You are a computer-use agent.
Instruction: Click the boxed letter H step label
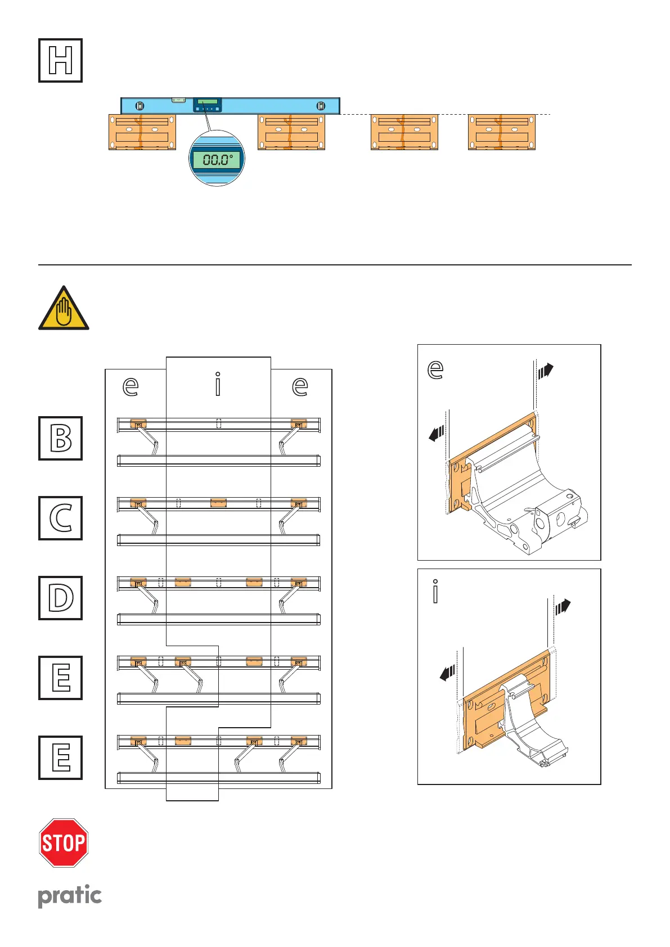60,60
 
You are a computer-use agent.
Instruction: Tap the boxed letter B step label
60,438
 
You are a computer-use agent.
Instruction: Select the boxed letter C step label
60,518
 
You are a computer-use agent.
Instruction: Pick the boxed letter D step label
60,598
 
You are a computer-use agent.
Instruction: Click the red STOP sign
64,842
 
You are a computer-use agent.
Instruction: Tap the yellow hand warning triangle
64,309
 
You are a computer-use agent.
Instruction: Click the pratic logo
70,896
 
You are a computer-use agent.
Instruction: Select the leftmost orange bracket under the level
142,132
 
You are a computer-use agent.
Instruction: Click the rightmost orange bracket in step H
501,132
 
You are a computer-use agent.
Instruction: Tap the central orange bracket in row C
218,502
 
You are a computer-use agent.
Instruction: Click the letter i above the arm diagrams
218,385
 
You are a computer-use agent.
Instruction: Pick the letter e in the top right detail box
435,369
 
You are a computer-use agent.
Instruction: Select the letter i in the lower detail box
435,592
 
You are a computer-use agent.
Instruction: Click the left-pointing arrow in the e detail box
436,434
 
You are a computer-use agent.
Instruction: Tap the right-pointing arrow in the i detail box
563,607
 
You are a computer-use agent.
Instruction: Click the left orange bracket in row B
138,423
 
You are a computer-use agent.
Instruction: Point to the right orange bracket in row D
298,582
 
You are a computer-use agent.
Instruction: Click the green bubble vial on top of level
178,100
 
